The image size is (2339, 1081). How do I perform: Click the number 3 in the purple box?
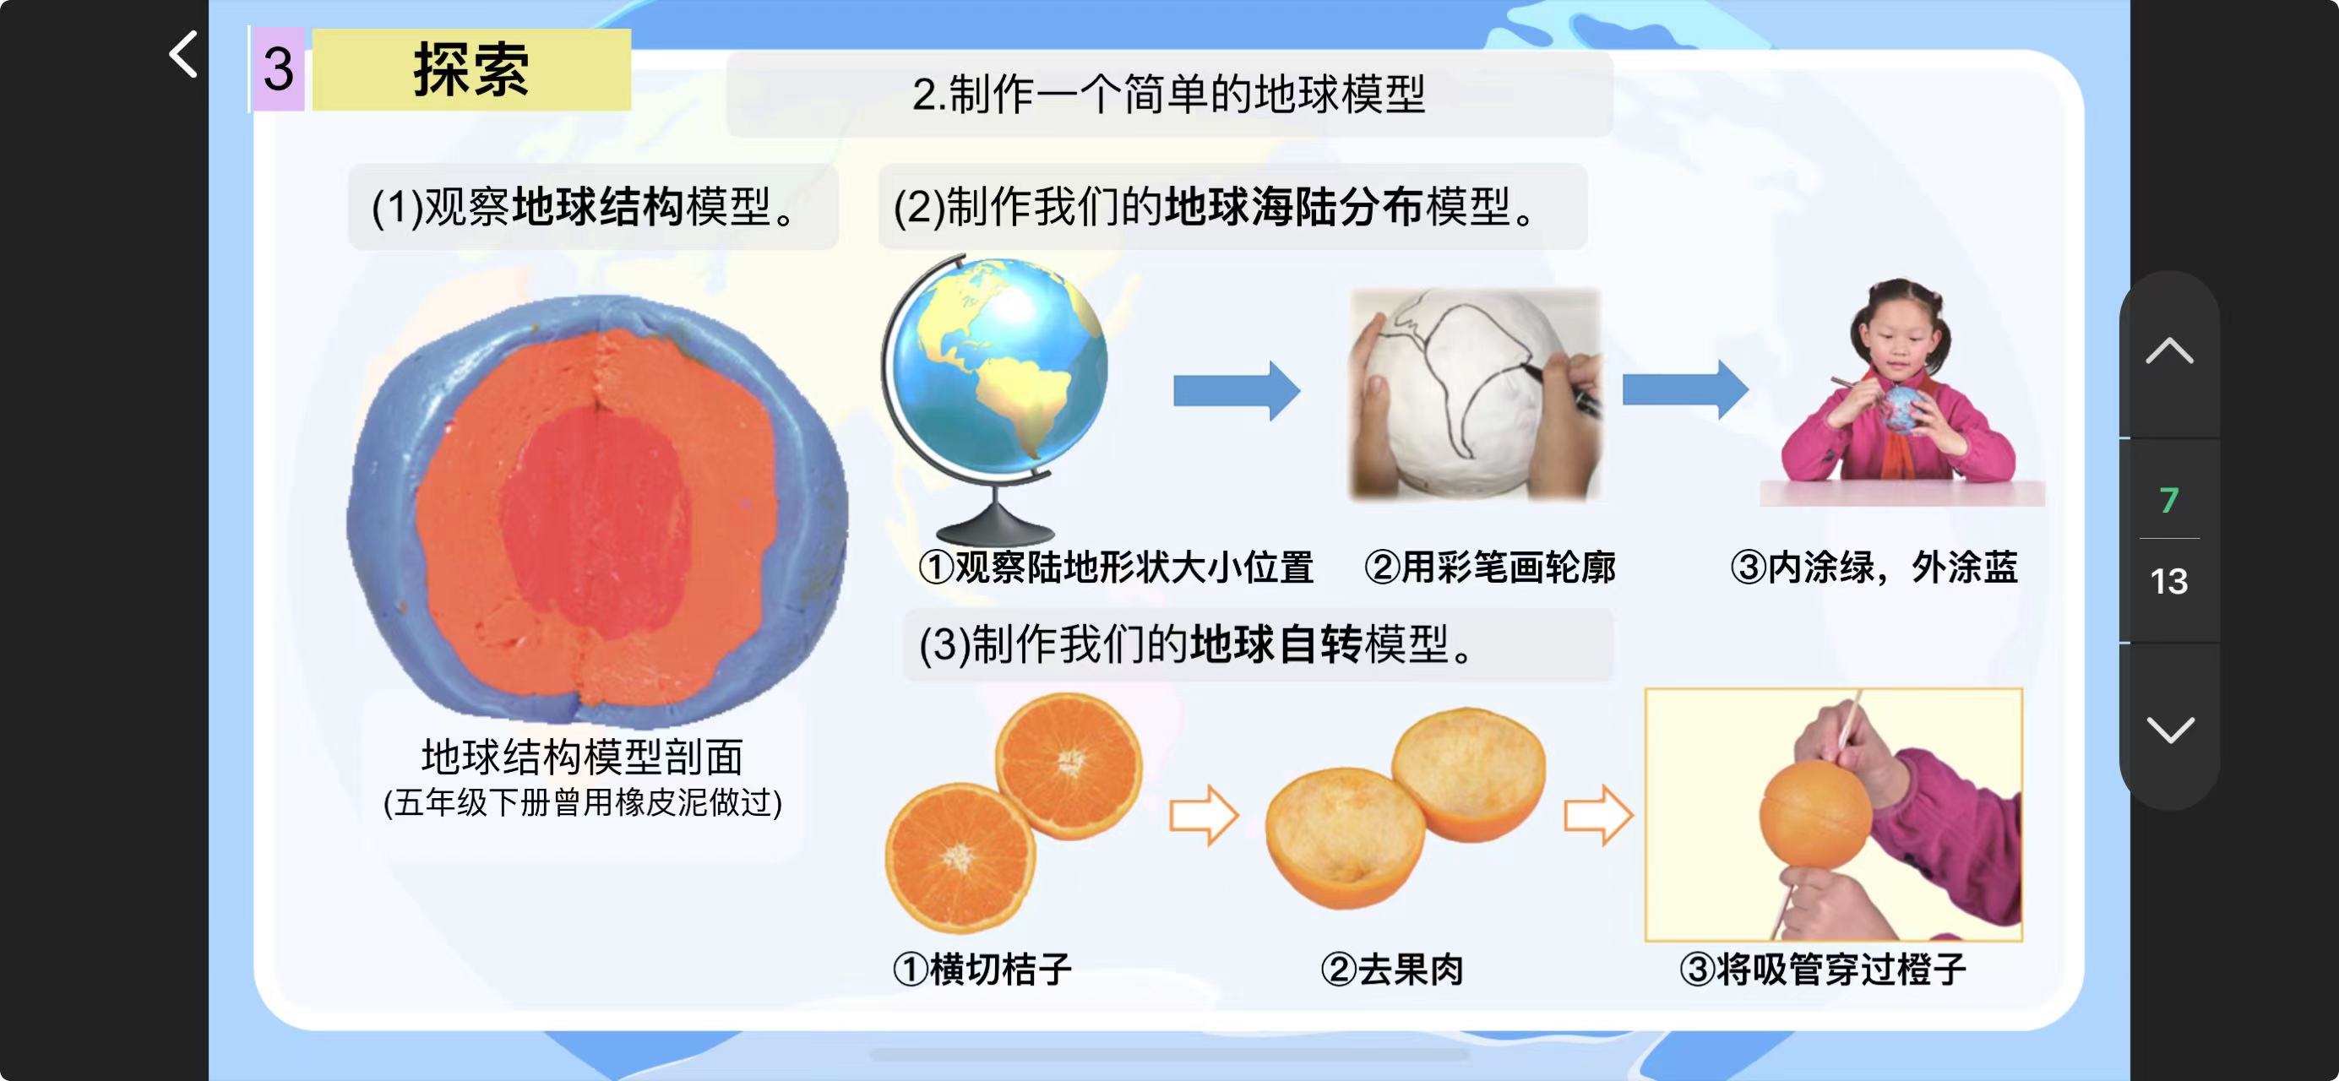278,70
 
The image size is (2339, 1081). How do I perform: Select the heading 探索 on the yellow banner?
471,70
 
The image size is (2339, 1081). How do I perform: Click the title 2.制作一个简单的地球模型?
1168,95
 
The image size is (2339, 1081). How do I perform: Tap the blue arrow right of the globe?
1237,391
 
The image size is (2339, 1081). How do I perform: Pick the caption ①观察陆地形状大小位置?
1116,568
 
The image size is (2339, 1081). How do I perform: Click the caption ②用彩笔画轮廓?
1490,568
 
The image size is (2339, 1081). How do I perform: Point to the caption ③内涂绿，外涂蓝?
1874,568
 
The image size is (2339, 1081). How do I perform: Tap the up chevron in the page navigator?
2169,350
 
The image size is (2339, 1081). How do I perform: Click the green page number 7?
2169,500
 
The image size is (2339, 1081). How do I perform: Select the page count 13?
2169,581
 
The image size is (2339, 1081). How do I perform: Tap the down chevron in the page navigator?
2170,729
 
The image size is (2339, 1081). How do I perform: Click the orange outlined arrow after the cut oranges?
1204,815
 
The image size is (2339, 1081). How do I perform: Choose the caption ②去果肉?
1392,970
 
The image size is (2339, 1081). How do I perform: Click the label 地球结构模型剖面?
582,757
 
